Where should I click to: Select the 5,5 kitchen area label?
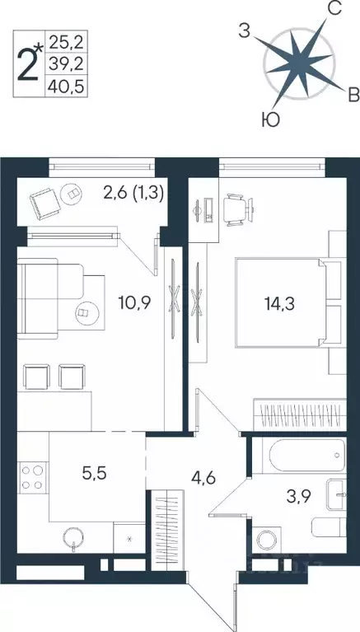[94, 475]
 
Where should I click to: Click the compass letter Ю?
[269, 120]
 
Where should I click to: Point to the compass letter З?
[244, 32]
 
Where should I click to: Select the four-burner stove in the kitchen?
[32, 479]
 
